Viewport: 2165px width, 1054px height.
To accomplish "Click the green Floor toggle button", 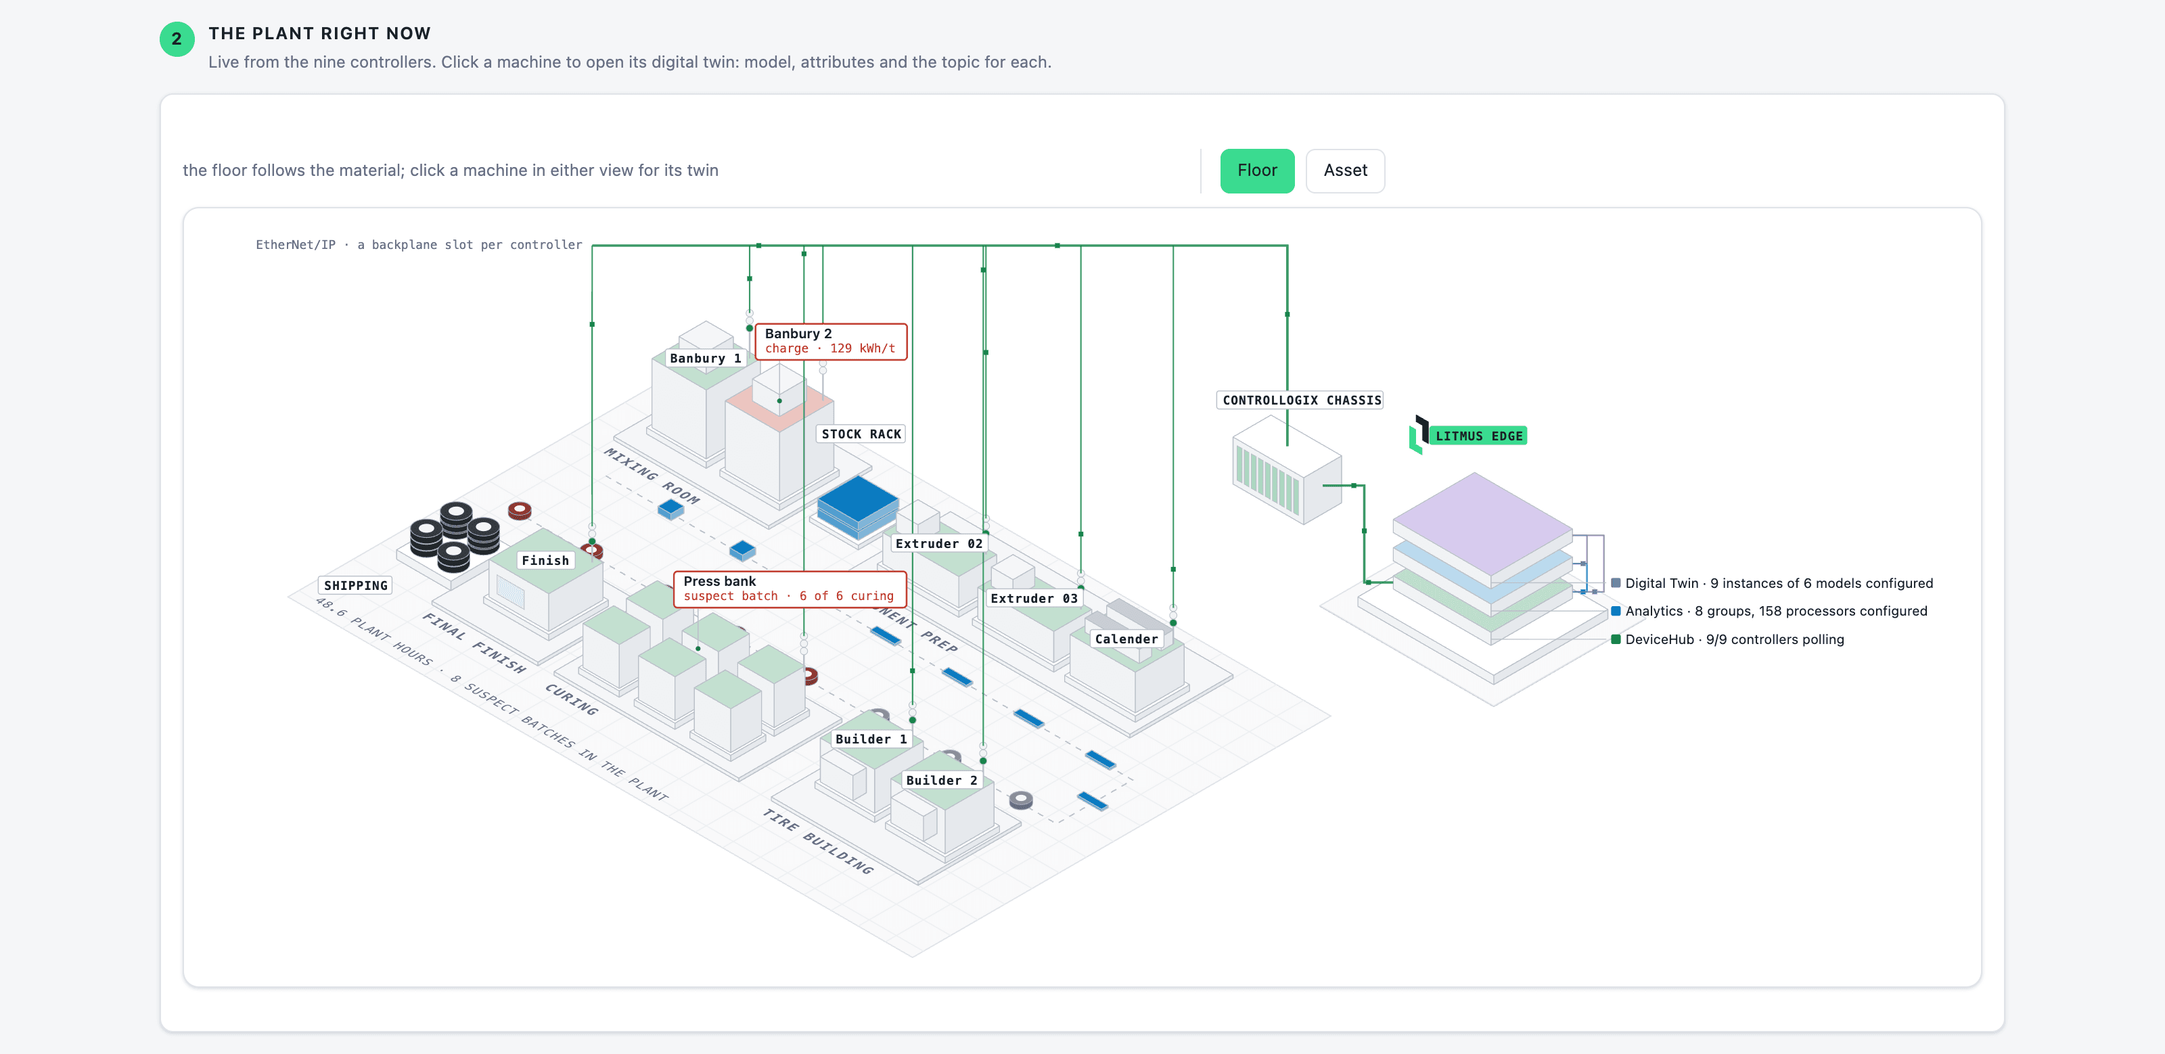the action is [x=1256, y=170].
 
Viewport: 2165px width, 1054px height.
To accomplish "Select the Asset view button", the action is [x=1345, y=170].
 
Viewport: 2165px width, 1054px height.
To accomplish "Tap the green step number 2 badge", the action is [x=177, y=39].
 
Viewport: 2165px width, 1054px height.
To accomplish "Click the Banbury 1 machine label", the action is [x=705, y=358].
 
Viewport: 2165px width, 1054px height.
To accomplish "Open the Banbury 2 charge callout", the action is [x=830, y=341].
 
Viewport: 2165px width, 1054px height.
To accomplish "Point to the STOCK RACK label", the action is [x=861, y=434].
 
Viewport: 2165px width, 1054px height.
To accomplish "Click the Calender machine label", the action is [x=1126, y=639].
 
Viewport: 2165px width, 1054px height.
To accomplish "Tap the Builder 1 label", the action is [x=871, y=739].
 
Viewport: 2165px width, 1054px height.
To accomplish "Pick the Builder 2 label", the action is [x=941, y=780].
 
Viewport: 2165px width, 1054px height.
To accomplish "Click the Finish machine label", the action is [x=545, y=559].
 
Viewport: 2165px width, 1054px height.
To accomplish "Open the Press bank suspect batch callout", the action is [x=789, y=589].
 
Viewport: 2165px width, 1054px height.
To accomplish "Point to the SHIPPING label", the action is [x=355, y=585].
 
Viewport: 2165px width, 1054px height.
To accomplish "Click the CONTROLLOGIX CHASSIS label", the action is [x=1301, y=400].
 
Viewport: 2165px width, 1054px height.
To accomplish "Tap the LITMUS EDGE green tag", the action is [x=1478, y=436].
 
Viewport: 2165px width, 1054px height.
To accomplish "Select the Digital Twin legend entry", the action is [x=1772, y=583].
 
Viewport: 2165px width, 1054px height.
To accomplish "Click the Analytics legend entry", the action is [x=1769, y=611].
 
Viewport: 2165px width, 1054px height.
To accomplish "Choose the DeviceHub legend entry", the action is [x=1727, y=639].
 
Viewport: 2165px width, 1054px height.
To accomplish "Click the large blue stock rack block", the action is [x=857, y=506].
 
